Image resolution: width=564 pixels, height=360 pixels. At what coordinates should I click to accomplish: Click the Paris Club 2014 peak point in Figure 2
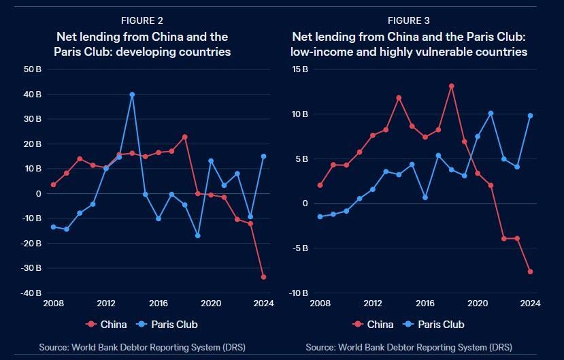(132, 95)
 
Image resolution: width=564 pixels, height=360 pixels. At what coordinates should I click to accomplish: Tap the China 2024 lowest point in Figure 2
(263, 277)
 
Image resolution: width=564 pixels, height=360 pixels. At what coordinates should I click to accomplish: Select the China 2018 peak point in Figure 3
(451, 86)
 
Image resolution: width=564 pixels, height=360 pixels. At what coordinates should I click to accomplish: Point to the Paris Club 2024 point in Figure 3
(530, 116)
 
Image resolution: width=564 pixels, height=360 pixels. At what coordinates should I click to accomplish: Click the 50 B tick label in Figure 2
(33, 69)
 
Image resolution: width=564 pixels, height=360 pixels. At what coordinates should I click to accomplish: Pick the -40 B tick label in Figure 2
(31, 293)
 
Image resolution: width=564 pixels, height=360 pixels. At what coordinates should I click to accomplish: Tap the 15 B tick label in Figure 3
(299, 69)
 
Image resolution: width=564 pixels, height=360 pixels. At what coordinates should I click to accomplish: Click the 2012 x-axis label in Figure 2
(105, 304)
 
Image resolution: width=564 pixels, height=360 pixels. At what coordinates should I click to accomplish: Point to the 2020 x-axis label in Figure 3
(478, 304)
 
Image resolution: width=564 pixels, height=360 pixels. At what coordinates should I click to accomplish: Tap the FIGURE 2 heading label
(142, 21)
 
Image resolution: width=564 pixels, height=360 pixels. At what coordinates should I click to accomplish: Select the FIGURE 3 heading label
(409, 21)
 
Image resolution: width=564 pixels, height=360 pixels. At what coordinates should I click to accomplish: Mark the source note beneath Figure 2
(142, 347)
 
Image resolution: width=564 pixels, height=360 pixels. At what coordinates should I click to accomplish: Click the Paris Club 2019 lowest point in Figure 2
(198, 235)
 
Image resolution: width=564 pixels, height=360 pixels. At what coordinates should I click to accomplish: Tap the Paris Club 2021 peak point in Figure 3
(491, 114)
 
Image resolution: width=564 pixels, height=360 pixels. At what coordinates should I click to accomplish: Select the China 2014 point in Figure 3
(399, 98)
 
